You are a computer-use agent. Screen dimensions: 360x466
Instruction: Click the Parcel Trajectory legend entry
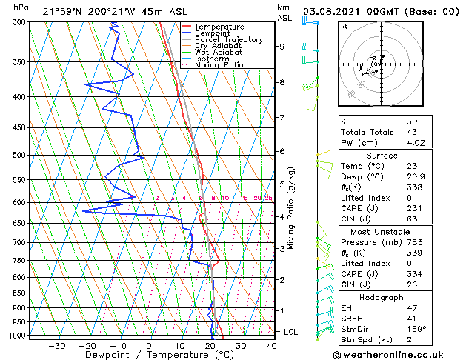(x=228, y=39)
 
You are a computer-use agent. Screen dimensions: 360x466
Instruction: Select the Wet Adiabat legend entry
(x=219, y=52)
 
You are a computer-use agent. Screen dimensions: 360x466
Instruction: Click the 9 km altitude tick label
(x=282, y=46)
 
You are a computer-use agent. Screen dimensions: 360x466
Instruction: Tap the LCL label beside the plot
(x=291, y=332)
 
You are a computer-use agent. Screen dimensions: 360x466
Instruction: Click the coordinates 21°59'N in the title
(x=64, y=12)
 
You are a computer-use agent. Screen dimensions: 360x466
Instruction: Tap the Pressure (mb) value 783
(x=414, y=241)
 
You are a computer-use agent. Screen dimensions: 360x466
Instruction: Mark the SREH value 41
(x=411, y=319)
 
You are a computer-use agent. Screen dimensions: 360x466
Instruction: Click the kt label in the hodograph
(x=344, y=27)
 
